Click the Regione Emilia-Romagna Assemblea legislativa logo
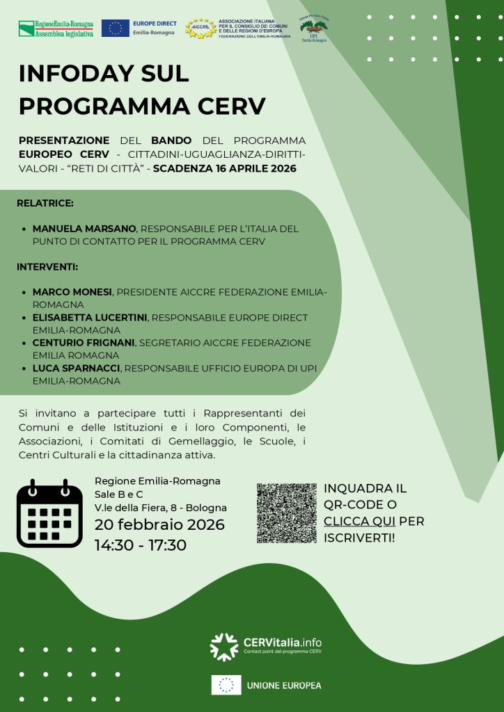click(56, 29)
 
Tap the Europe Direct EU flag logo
click(115, 29)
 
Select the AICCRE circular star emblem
click(200, 29)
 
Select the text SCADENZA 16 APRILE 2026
click(225, 168)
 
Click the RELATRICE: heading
click(45, 204)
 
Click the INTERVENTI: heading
click(47, 266)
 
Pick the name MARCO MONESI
click(72, 291)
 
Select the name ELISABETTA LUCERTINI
click(90, 317)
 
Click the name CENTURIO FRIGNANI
click(84, 342)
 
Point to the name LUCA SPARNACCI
click(76, 368)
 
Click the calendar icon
click(49, 513)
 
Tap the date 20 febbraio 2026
click(159, 524)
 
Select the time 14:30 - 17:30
click(141, 545)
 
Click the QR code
click(286, 513)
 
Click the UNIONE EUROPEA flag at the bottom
click(226, 685)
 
